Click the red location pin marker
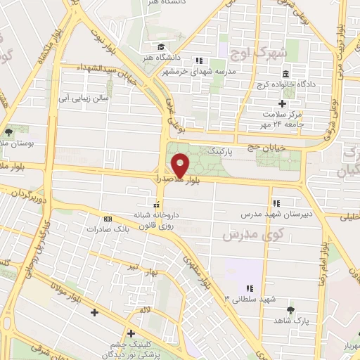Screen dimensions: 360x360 181,165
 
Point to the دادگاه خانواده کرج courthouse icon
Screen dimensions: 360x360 286,75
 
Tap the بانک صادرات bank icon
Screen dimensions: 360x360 107,219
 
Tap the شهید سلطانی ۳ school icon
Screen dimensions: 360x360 249,288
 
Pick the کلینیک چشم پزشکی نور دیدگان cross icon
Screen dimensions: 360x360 131,333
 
